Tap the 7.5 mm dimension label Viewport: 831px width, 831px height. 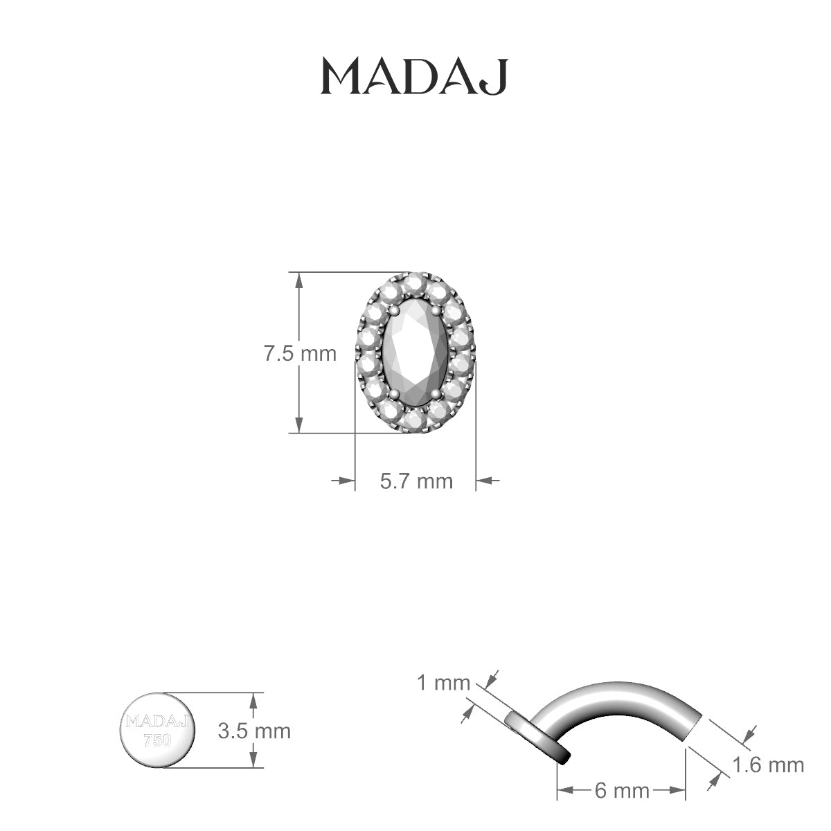pos(299,354)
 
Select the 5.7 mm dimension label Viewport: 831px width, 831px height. pos(416,480)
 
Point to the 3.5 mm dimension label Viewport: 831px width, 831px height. pos(254,731)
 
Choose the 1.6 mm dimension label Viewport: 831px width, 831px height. pos(768,765)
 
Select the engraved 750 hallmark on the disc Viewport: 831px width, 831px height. pos(157,740)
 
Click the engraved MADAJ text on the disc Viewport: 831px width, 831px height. pos(157,722)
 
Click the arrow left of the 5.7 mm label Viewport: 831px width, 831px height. pos(343,479)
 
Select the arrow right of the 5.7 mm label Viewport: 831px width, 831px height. pos(488,479)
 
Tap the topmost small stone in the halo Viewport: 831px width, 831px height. pos(415,283)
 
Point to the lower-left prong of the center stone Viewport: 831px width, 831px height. pos(395,394)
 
